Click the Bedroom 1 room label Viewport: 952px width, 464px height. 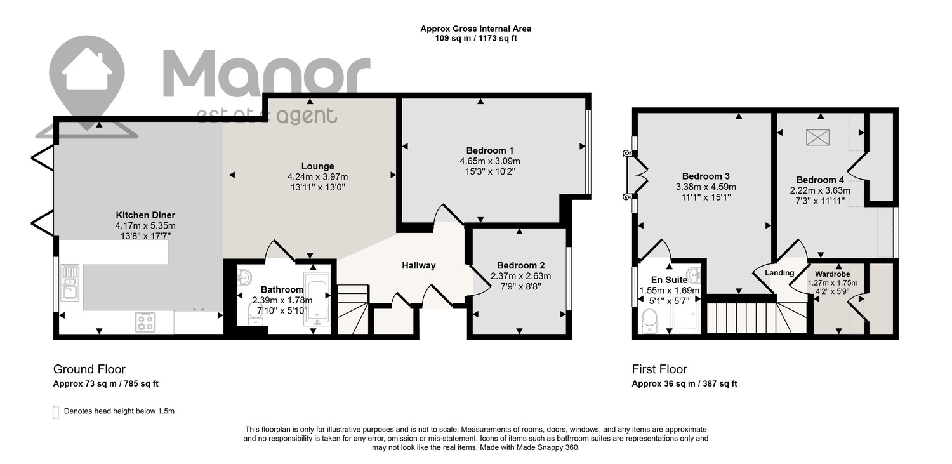pos(489,150)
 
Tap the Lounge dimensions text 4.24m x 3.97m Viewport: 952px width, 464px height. pos(317,176)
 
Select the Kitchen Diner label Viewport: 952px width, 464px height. pos(145,215)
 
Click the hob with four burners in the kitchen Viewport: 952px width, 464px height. pos(146,322)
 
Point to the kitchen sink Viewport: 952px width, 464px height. pos(70,282)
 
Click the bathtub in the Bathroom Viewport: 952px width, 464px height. pos(317,300)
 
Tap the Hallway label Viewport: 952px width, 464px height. pos(419,265)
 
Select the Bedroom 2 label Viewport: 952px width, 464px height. pos(520,265)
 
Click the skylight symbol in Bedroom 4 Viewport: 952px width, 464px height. pos(817,137)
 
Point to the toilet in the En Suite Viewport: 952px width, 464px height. pos(649,321)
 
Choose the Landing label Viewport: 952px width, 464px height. pos(779,273)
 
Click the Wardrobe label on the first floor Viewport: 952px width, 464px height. pos(832,274)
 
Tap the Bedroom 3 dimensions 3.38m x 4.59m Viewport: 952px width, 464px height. pos(706,187)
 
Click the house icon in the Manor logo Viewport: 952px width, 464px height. pos(87,69)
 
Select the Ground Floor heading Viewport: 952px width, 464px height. pos(89,369)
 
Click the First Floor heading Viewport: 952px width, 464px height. pos(659,369)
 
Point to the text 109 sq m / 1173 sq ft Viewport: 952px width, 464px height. pos(476,39)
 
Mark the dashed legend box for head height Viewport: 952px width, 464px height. pos(56,413)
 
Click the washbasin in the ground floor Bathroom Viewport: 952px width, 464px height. pos(244,277)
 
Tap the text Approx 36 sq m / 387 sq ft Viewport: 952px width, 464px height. pos(684,383)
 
